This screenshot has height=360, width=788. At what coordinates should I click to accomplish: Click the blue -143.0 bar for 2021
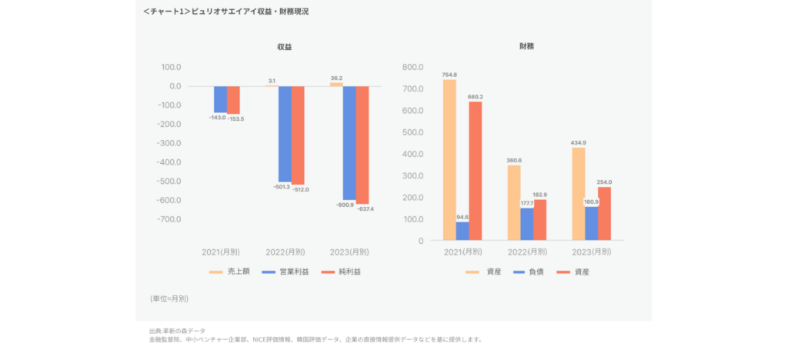[220, 99]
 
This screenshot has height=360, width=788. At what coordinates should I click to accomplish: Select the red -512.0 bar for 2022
[298, 135]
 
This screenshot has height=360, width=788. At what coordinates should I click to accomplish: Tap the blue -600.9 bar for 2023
[349, 142]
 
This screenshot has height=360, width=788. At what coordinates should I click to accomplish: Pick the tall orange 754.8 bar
[449, 159]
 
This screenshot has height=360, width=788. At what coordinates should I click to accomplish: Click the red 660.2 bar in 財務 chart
[476, 170]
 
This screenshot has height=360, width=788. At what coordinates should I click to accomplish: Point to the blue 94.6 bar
[462, 231]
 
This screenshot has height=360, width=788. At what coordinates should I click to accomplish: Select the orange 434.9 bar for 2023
[578, 193]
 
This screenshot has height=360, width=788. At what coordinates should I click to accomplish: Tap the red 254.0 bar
[604, 213]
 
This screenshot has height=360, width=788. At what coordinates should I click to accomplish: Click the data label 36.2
[336, 78]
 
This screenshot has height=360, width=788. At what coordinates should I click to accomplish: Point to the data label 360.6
[514, 160]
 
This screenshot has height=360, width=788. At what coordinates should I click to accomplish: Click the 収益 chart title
[285, 47]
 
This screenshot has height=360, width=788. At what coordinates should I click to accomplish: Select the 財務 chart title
[527, 47]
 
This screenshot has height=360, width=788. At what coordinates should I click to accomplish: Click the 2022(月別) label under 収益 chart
[285, 252]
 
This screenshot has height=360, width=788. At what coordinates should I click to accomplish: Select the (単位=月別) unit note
[169, 298]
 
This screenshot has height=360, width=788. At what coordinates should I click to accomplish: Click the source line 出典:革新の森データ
[177, 330]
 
